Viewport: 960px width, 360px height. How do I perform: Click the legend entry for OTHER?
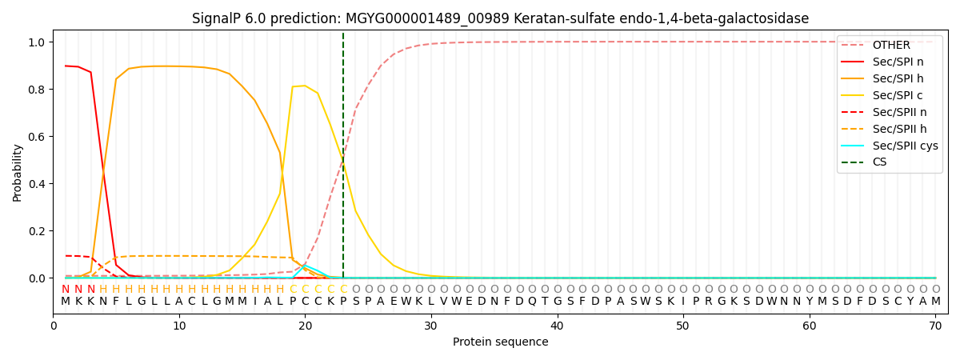click(890, 46)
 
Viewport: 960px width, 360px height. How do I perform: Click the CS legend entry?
click(879, 162)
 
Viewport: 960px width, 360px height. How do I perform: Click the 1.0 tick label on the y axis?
click(38, 42)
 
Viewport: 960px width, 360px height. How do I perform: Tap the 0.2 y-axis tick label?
click(38, 231)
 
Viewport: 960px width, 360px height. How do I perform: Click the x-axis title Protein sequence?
click(501, 342)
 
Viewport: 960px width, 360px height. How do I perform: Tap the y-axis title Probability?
click(18, 172)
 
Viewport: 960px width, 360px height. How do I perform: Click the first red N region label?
click(66, 290)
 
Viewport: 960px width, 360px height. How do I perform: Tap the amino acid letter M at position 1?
click(66, 302)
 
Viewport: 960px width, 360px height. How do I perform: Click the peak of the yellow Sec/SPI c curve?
click(305, 86)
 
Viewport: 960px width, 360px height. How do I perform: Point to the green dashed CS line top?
click(343, 34)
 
